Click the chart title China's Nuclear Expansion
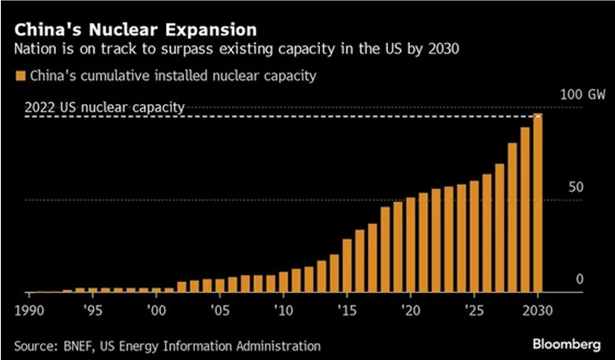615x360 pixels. coord(134,31)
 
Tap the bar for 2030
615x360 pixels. coord(538,203)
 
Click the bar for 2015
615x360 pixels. coord(348,265)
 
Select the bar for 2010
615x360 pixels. coord(284,281)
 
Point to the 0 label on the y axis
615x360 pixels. coord(580,279)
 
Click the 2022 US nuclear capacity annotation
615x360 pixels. coord(105,108)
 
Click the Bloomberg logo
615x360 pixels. coord(565,345)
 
